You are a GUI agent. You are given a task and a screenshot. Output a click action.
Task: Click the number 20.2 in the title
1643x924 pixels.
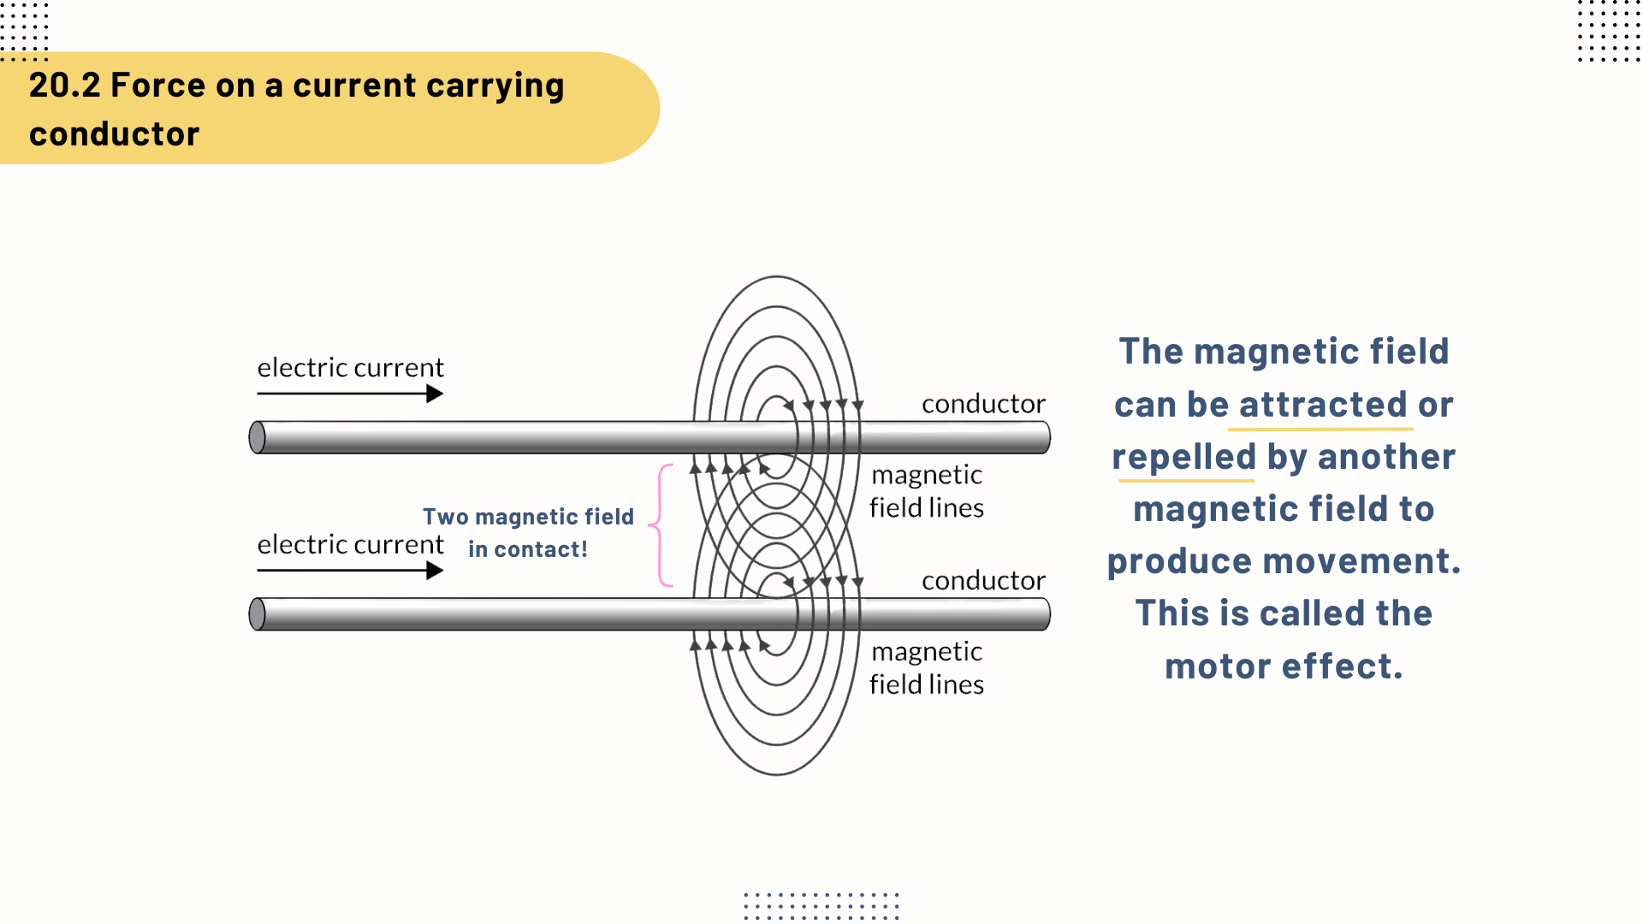[64, 86]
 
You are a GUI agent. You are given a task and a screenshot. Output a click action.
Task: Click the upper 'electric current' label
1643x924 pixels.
[350, 368]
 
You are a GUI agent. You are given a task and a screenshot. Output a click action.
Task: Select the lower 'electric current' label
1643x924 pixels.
[350, 545]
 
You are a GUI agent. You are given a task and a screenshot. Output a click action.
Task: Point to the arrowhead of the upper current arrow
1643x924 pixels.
[435, 394]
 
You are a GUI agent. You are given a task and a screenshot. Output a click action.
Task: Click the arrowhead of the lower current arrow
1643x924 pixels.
[435, 571]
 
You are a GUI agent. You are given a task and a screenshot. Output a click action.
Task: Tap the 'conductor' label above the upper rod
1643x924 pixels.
[983, 404]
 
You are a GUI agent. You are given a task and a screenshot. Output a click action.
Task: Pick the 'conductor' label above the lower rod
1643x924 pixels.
[983, 581]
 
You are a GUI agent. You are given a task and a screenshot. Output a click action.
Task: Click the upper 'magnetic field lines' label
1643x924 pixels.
[927, 491]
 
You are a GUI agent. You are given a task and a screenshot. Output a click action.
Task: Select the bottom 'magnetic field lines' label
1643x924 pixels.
[927, 668]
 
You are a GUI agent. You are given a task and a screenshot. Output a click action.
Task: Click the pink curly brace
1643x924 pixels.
[660, 525]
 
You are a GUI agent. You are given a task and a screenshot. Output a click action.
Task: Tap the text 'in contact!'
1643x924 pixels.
[527, 549]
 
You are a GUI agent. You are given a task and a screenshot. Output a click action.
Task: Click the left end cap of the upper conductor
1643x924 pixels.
[257, 437]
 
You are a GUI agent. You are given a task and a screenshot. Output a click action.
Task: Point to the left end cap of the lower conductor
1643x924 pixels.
[257, 614]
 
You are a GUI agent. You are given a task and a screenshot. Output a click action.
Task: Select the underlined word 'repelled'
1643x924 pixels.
[1183, 457]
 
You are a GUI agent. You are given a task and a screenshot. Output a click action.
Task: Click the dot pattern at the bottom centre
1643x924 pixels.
[821, 905]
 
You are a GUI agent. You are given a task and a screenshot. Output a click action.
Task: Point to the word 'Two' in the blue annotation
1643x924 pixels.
[445, 517]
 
